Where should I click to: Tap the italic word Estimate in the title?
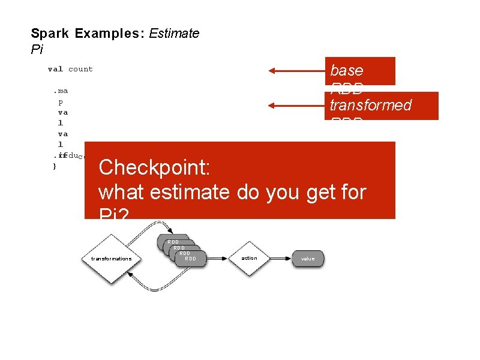pos(174,34)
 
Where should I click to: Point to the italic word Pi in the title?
pos(37,49)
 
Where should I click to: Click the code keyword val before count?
pos(55,69)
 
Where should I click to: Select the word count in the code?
pos(80,69)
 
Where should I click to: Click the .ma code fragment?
pos(60,91)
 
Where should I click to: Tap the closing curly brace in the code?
pos(55,166)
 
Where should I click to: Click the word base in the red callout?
pos(347,70)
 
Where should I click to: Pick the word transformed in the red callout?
pos(370,106)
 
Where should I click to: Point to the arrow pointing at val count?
pos(297,71)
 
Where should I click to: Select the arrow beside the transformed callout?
pos(297,106)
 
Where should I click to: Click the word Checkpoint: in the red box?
pos(154,167)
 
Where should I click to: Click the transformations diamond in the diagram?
pos(111,259)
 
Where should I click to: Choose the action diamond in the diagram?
pos(249,258)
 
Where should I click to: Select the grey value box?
pos(308,259)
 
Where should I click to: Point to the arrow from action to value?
pos(281,259)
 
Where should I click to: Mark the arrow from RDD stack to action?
pos(218,259)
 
